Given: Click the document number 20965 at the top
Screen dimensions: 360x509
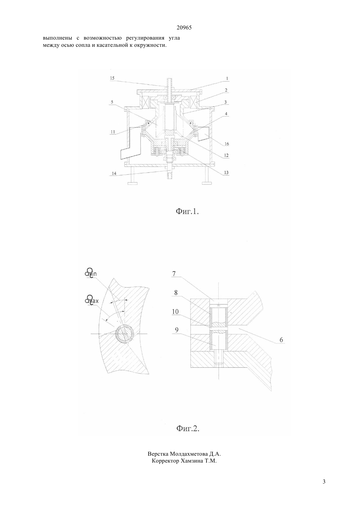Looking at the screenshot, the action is pos(184,28).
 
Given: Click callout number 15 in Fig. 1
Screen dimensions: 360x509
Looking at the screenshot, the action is pos(112,78).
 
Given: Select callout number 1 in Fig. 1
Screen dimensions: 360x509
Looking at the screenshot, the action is pos(227,79).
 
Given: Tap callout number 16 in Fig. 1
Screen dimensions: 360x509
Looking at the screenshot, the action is pos(226,144).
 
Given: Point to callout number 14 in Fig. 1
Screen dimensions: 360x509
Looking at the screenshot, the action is pos(114,173).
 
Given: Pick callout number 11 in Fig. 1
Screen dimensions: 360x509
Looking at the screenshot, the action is pos(113,132).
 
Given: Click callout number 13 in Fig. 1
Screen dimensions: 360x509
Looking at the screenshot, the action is pos(226,172).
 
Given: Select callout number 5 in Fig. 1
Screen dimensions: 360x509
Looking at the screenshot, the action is pos(112,102).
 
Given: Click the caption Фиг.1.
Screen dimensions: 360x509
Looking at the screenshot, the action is pos(188,212).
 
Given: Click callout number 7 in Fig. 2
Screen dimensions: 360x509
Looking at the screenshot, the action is pos(174,273).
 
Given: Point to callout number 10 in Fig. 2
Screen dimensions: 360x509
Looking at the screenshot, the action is pos(175,311).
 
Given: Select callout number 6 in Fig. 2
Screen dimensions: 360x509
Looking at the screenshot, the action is pos(281,340).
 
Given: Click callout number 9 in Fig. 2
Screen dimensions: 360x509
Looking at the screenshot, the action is pos(176,330).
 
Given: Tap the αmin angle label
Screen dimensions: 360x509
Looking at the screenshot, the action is pos(90,273).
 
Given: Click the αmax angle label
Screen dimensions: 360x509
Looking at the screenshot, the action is pos(92,300).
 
